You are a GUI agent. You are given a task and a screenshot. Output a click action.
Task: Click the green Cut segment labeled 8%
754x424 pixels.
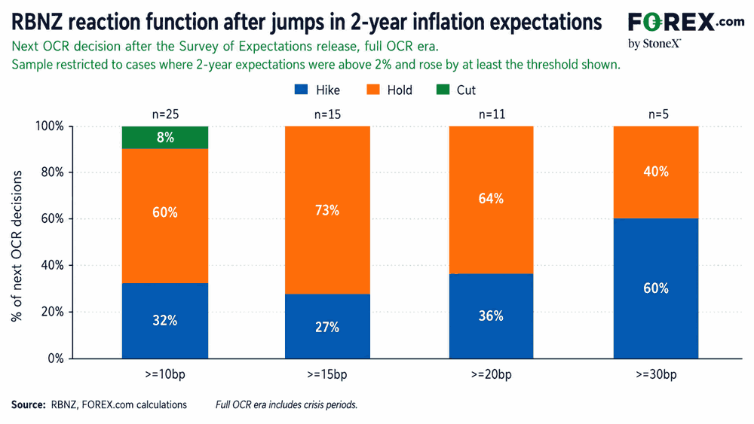(x=165, y=137)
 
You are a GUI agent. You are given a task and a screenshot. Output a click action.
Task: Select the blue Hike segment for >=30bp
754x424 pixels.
(x=656, y=288)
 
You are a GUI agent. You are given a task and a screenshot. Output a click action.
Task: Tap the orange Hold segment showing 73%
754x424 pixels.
(x=327, y=210)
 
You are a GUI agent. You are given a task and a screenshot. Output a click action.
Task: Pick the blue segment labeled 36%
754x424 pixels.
(x=491, y=316)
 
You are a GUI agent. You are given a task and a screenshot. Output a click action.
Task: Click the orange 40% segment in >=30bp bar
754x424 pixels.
(x=656, y=172)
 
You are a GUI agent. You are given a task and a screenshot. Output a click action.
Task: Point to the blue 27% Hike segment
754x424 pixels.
(x=327, y=326)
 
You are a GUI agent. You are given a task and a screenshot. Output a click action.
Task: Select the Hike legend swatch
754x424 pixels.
(x=301, y=90)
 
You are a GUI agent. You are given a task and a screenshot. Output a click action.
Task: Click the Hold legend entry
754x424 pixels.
(x=390, y=90)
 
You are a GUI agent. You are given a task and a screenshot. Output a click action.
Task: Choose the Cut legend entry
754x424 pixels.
(x=456, y=90)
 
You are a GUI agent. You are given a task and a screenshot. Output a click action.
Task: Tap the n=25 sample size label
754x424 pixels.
(x=165, y=114)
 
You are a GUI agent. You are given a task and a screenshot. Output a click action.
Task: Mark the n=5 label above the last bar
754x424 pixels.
(x=658, y=114)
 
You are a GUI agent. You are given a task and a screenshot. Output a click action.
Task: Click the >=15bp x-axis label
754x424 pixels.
(x=327, y=374)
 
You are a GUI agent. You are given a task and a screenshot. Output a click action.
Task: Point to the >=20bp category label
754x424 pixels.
(x=491, y=374)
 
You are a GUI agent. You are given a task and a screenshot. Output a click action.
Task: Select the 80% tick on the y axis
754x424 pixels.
(x=53, y=172)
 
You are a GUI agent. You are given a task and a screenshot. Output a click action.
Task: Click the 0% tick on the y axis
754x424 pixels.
(x=56, y=358)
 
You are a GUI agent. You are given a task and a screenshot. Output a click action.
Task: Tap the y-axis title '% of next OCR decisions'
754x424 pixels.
(x=17, y=246)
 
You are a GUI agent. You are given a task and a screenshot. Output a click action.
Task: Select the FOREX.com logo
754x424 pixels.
(x=686, y=22)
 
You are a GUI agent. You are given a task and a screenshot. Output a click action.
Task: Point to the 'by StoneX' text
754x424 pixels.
(x=654, y=44)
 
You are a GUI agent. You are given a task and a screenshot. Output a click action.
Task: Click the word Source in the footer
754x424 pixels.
(x=29, y=404)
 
